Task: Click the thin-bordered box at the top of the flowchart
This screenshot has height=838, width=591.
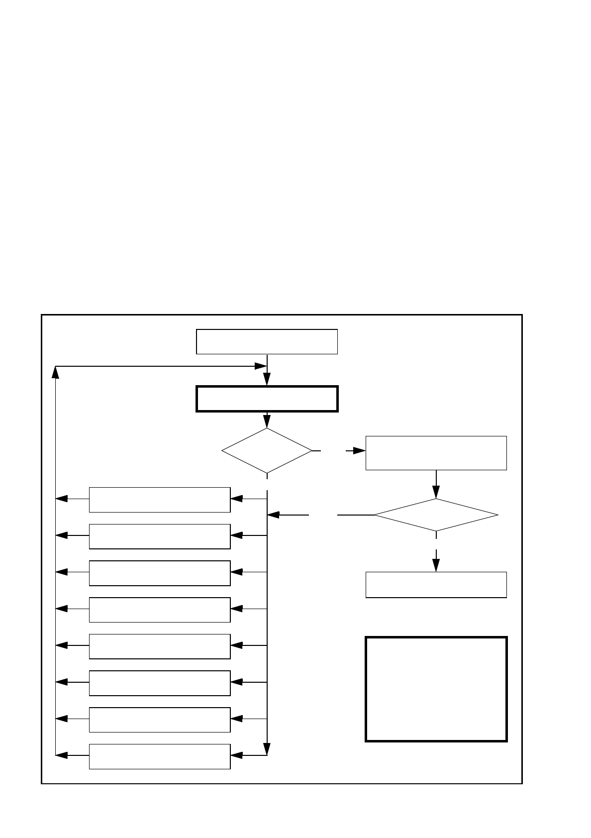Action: [x=267, y=341]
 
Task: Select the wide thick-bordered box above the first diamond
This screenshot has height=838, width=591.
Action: [x=267, y=399]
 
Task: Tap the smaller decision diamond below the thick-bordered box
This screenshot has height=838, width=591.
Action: [x=267, y=450]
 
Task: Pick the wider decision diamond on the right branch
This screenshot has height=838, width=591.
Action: [x=436, y=515]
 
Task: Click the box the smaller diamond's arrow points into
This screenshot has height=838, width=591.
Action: [x=436, y=453]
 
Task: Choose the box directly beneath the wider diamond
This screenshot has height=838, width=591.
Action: [x=436, y=585]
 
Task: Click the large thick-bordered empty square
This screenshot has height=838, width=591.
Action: [x=436, y=689]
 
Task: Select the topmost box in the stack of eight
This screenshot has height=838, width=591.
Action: [x=159, y=500]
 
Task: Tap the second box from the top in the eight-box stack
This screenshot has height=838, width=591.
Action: [x=159, y=536]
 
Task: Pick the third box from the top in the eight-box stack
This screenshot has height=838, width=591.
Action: [x=159, y=573]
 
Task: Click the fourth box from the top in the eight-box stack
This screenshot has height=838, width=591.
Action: [x=159, y=610]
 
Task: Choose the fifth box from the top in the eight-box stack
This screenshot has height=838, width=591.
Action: [x=159, y=646]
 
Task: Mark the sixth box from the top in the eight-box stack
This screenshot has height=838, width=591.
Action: [x=159, y=683]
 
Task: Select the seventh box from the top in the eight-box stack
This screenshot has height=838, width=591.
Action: [x=159, y=720]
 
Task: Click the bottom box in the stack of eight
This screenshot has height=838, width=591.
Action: [x=159, y=756]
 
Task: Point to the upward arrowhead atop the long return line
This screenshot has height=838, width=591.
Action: [x=55, y=372]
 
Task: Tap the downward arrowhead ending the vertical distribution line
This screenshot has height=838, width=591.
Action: [x=267, y=749]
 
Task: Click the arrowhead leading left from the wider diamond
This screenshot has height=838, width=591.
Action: [x=274, y=515]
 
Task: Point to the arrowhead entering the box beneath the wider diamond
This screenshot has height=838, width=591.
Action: [x=436, y=565]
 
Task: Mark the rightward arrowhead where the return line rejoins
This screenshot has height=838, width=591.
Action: [x=261, y=366]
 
